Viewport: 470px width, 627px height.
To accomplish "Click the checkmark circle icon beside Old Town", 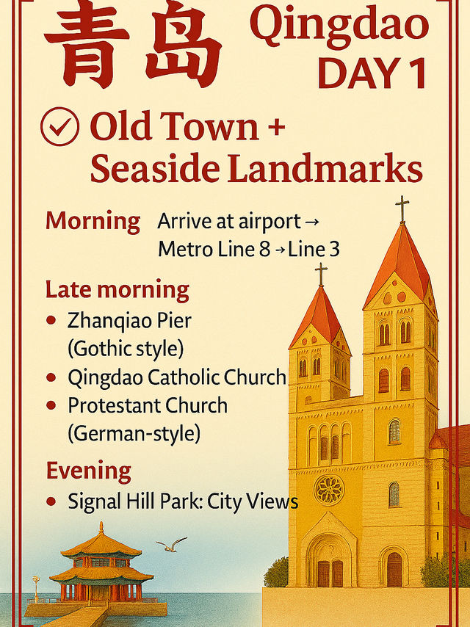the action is click(59, 126).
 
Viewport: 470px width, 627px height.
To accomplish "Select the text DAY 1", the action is click(372, 73).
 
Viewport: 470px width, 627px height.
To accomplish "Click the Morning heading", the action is click(93, 221).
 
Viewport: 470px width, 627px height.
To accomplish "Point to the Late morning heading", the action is click(117, 290).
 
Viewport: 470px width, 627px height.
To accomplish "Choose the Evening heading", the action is click(89, 471).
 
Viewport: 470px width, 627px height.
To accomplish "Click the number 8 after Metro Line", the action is click(265, 249).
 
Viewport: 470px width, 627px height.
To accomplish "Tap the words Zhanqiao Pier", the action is click(129, 321).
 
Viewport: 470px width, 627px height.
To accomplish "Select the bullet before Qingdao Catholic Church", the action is click(51, 377).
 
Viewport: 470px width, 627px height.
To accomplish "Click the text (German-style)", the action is click(134, 433).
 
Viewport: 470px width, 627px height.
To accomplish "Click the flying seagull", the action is click(171, 545).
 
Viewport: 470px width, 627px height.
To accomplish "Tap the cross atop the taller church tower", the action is click(402, 209).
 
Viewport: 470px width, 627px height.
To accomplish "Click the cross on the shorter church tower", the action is click(321, 274).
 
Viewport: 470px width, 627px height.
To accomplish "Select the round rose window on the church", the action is click(329, 490).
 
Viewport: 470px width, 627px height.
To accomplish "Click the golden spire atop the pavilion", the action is click(101, 527).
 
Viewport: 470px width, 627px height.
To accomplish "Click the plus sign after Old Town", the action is click(275, 128).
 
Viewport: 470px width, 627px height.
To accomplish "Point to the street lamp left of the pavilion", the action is click(36, 589).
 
